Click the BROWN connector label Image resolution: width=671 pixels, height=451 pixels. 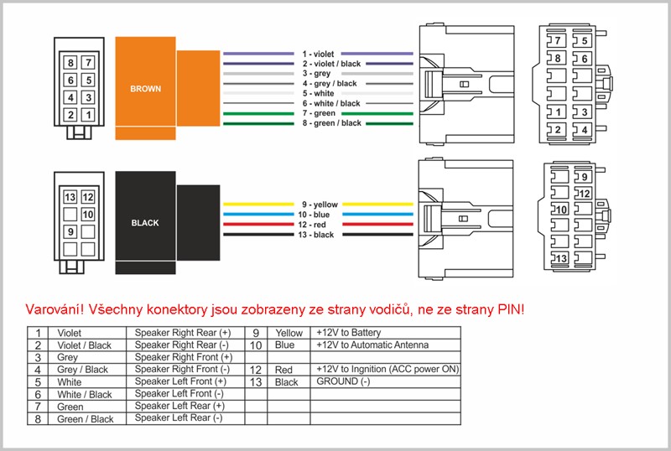(x=146, y=88)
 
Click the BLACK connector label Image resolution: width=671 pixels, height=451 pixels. (x=145, y=224)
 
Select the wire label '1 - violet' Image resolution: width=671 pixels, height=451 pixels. (x=318, y=54)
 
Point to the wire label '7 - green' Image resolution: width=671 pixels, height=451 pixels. (x=318, y=113)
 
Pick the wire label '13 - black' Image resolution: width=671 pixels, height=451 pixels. (x=318, y=235)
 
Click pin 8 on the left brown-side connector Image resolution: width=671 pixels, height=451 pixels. (x=71, y=64)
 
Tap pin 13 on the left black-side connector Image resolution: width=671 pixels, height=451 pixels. (x=71, y=198)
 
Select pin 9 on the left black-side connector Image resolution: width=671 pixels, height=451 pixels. (x=71, y=231)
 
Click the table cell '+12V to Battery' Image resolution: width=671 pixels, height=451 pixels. (x=348, y=333)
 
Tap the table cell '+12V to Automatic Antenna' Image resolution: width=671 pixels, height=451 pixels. (x=372, y=345)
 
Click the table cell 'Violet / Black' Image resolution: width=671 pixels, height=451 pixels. (x=84, y=345)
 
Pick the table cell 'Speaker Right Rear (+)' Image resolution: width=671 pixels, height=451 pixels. (x=183, y=333)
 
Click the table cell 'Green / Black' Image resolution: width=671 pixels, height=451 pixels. (x=85, y=418)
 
